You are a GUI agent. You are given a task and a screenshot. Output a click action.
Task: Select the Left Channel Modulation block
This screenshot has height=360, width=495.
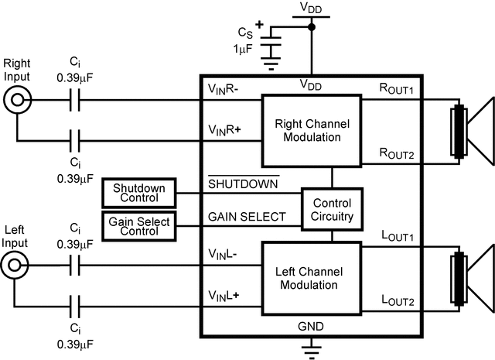(x=312, y=278)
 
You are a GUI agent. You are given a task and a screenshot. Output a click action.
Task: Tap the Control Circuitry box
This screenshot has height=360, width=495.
(x=332, y=210)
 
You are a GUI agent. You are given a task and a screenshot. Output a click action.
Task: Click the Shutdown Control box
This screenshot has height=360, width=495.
(x=138, y=193)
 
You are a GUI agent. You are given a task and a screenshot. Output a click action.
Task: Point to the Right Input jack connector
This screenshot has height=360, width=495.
(x=15, y=100)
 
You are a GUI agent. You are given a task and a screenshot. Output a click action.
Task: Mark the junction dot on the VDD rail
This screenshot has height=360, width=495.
(x=312, y=27)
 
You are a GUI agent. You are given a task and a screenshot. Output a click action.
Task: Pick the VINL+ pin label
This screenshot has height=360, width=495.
(x=224, y=297)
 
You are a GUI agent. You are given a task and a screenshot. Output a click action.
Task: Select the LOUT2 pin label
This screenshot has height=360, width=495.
(x=395, y=300)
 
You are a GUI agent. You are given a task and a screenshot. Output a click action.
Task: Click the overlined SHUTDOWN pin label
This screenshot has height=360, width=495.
(x=243, y=184)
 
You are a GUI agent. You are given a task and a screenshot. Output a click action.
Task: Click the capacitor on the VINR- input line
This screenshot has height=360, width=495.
(x=74, y=100)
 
